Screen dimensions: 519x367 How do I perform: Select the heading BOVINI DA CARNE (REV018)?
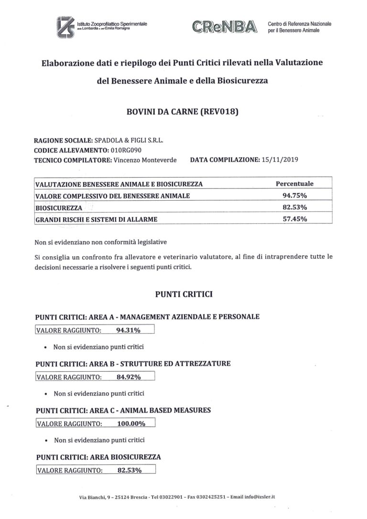(182, 113)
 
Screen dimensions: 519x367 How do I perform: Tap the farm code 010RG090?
(123, 150)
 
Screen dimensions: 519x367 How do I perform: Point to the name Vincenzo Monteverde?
(145, 160)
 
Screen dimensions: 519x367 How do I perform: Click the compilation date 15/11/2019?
(280, 160)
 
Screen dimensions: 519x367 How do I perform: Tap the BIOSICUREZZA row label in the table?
(59, 208)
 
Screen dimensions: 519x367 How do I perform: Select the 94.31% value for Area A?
(128, 329)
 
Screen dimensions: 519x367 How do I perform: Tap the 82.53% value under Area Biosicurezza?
(130, 470)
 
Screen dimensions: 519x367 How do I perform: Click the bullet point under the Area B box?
(44, 394)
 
